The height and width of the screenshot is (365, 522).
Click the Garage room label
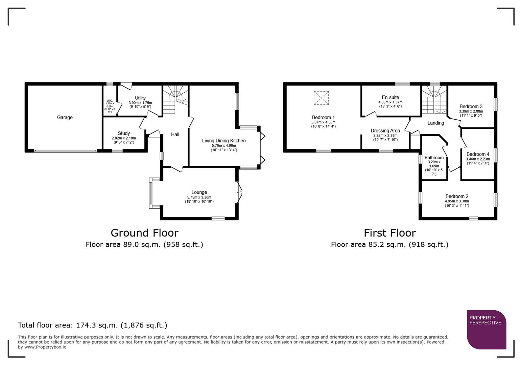[x=65, y=117]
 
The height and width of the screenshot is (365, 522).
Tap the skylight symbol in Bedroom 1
[x=321, y=98]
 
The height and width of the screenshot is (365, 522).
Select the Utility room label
[x=140, y=98]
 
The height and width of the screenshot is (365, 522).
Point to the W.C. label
[x=110, y=101]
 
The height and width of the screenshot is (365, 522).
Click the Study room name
[x=124, y=133]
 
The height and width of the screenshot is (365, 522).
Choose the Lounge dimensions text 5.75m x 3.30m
[x=199, y=197]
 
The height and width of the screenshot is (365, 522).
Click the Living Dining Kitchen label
[x=224, y=141]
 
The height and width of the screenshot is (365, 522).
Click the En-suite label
[x=390, y=97]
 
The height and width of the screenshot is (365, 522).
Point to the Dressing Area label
[x=385, y=130]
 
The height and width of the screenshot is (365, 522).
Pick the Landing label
[x=435, y=123]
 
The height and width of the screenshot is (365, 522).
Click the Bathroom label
[x=434, y=157]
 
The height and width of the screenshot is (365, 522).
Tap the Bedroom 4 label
[x=478, y=154]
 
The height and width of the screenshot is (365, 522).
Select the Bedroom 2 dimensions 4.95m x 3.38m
[x=457, y=201]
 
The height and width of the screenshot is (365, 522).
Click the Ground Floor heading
[x=144, y=233]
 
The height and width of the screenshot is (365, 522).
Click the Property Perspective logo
[x=487, y=330]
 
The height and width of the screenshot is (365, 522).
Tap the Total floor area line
[x=92, y=325]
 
